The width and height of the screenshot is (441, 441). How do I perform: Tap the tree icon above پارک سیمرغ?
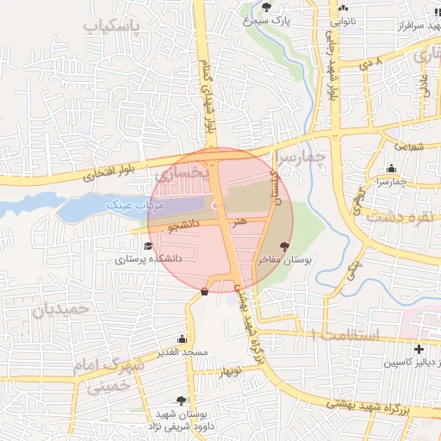point(265,7)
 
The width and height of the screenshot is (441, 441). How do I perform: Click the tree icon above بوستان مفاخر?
point(285,246)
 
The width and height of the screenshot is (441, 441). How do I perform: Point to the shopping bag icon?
point(204,291)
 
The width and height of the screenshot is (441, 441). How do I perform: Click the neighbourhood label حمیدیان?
point(60,308)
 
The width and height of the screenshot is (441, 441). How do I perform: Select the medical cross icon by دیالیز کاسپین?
point(419,350)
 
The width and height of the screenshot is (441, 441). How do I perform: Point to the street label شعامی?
point(410,147)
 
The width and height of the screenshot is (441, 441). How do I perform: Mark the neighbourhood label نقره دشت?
point(401,216)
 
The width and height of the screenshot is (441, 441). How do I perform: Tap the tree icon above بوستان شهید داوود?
point(181,401)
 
